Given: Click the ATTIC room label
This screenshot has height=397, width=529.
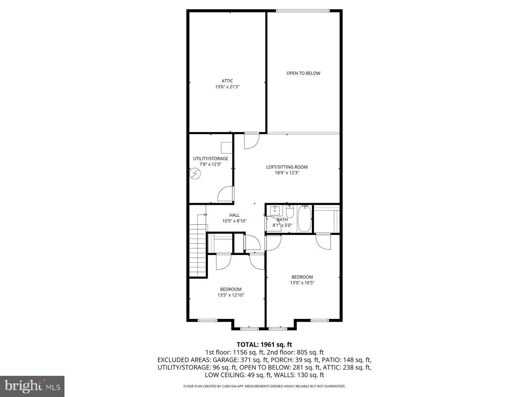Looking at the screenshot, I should coord(227,81).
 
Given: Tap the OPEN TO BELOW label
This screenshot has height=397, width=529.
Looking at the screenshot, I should coord(303,73).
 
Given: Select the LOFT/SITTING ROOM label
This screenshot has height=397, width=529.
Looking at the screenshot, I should coord(287,167).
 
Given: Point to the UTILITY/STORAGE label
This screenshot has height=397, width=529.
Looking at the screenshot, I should coord(210,158).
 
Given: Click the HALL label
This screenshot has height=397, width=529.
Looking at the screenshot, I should coord(234,215).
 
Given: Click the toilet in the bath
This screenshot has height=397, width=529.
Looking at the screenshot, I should coord(290,211).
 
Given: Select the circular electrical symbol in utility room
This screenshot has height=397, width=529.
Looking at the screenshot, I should coord(195,173).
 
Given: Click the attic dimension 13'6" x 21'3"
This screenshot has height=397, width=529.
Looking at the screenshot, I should coord(227,87).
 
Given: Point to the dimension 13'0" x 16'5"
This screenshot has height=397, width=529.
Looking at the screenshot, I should coord(302,283).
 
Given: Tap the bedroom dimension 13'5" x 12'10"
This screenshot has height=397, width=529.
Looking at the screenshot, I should coord(231,295).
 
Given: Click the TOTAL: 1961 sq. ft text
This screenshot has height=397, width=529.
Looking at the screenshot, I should coord(264,345).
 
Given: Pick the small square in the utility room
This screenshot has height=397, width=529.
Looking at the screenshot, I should coord(226,148).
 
